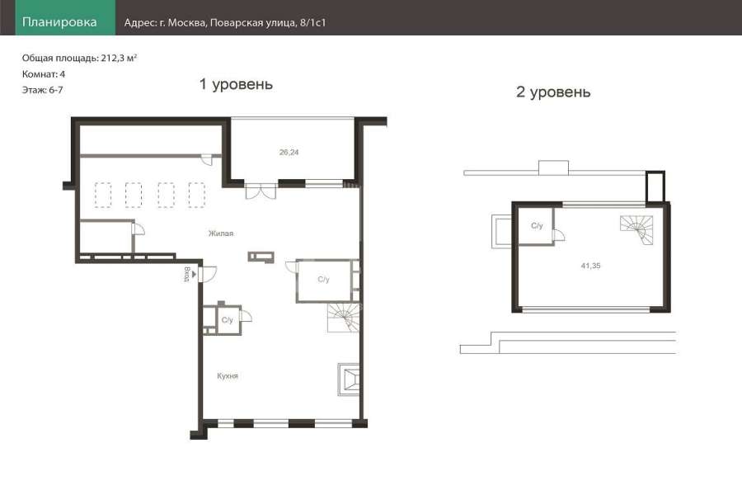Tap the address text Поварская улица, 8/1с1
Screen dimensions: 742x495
268,22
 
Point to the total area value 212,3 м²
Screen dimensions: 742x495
119,59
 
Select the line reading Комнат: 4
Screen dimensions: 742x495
44,74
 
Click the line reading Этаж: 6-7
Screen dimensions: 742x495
42,90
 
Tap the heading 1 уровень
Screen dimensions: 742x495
236,84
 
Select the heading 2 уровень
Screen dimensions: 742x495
553,92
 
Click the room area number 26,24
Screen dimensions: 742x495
289,152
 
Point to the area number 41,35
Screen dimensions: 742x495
590,266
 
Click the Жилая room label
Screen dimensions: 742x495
221,233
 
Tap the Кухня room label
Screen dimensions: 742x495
228,375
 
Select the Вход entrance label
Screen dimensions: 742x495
187,274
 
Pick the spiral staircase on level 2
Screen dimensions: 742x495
636,229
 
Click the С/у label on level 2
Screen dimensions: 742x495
537,225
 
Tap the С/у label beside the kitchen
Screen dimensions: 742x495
228,320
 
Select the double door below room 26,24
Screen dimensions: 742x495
261,190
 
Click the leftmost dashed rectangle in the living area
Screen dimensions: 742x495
103,196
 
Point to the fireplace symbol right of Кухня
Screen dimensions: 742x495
348,379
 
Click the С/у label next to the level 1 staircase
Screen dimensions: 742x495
324,280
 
